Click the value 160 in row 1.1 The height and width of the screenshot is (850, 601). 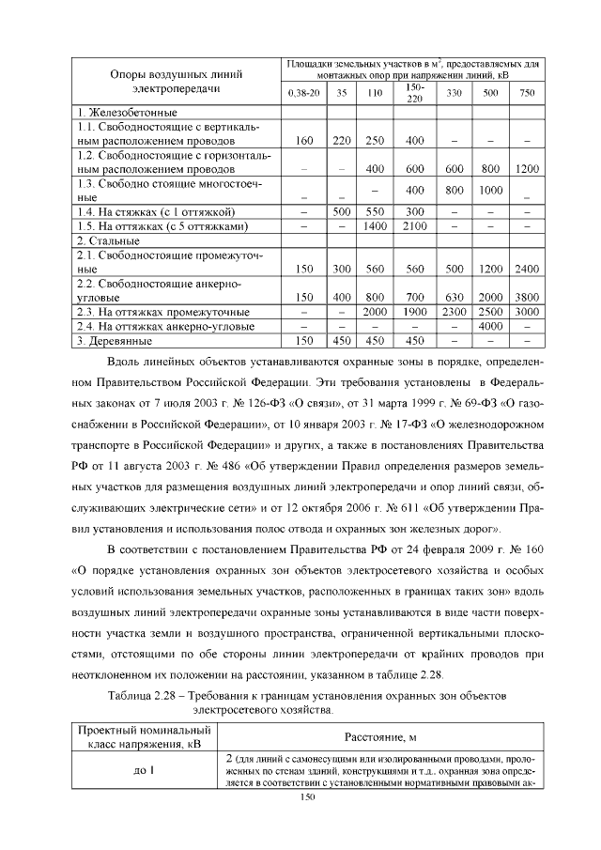[x=303, y=141]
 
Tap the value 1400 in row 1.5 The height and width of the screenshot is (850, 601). [x=375, y=226]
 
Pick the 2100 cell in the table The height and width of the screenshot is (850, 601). [x=415, y=226]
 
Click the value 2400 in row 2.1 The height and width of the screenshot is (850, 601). [x=527, y=269]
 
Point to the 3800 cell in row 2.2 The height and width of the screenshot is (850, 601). [x=527, y=297]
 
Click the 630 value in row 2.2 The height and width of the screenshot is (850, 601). [x=455, y=297]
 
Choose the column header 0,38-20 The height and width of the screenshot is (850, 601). [x=303, y=93]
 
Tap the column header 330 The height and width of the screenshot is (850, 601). [x=455, y=93]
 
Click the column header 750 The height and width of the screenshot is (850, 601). [x=527, y=93]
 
